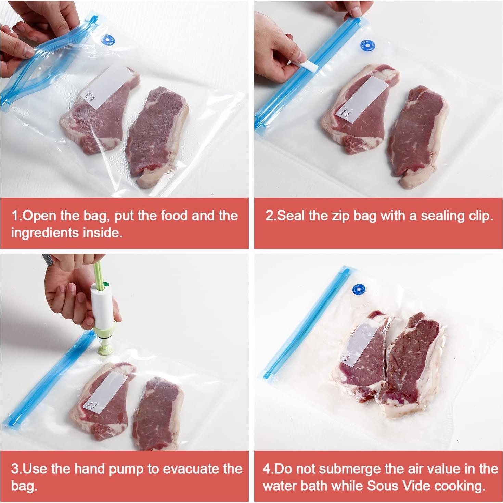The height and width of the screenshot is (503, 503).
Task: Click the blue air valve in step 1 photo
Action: click(108, 40)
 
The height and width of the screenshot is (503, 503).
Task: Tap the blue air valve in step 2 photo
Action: click(367, 46)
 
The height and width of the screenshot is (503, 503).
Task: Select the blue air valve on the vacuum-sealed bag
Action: click(359, 290)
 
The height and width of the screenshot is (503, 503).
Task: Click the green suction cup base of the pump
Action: click(105, 346)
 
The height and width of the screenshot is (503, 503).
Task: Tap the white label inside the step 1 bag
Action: click(109, 88)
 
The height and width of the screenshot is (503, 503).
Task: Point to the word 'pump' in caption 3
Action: click(127, 469)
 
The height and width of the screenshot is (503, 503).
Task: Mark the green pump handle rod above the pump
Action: click(98, 274)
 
